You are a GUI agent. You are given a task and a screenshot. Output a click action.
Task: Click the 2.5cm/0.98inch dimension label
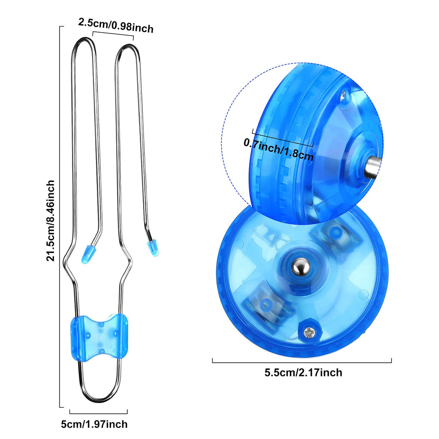point(116,26)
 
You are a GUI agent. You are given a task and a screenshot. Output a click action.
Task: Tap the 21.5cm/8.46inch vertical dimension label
point(51,221)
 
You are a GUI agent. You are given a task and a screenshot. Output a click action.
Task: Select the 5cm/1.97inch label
point(94,424)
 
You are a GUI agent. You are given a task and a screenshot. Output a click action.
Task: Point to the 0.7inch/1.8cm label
point(278,148)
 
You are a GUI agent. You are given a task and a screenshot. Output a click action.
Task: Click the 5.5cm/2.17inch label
point(303,373)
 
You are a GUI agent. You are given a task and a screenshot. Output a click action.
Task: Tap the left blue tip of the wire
point(87,254)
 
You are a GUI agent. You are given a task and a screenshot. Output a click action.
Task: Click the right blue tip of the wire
point(153,248)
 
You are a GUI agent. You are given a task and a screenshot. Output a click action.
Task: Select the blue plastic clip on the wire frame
point(99,337)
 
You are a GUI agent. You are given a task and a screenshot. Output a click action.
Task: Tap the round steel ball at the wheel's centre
point(301,268)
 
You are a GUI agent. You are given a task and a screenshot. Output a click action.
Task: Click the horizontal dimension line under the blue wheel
point(302,362)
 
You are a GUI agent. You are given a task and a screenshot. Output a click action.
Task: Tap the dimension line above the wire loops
point(113,34)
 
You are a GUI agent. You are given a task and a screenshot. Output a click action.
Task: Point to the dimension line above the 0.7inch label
point(283,137)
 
